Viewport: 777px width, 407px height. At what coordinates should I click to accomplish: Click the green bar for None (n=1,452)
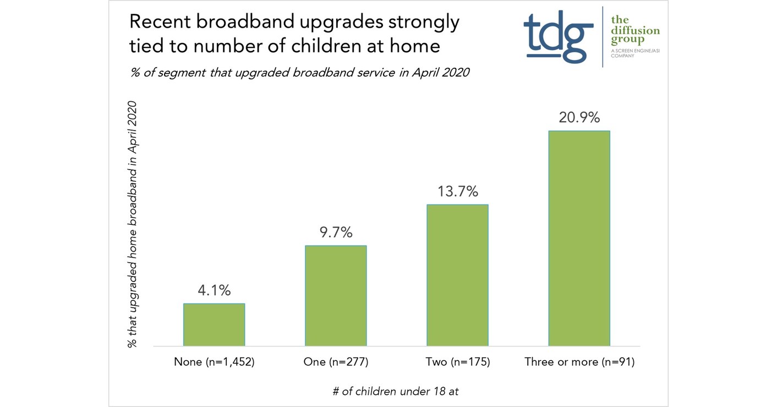pos(214,325)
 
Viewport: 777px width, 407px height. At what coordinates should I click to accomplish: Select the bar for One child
pos(336,296)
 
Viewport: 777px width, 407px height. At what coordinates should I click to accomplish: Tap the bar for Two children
pos(457,275)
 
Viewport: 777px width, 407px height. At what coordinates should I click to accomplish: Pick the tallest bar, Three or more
pos(579,238)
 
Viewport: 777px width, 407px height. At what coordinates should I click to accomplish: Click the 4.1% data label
pos(214,291)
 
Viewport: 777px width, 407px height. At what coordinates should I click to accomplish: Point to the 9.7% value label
pos(336,232)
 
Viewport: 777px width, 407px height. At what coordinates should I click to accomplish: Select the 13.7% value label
pos(457,192)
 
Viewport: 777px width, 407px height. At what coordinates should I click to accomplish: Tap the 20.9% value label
pos(579,117)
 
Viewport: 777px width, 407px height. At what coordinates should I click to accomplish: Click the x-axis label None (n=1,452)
pos(214,362)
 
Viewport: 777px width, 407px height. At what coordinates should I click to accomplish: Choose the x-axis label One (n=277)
pos(336,362)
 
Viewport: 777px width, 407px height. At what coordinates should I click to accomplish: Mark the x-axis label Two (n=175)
pos(457,362)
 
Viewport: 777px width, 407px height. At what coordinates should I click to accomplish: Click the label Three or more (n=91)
pos(579,362)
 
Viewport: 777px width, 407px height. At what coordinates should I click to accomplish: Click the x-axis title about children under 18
pos(395,392)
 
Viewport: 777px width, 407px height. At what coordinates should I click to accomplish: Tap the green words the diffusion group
pos(635,31)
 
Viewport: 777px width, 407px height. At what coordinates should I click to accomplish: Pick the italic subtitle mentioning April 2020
pos(299,72)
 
